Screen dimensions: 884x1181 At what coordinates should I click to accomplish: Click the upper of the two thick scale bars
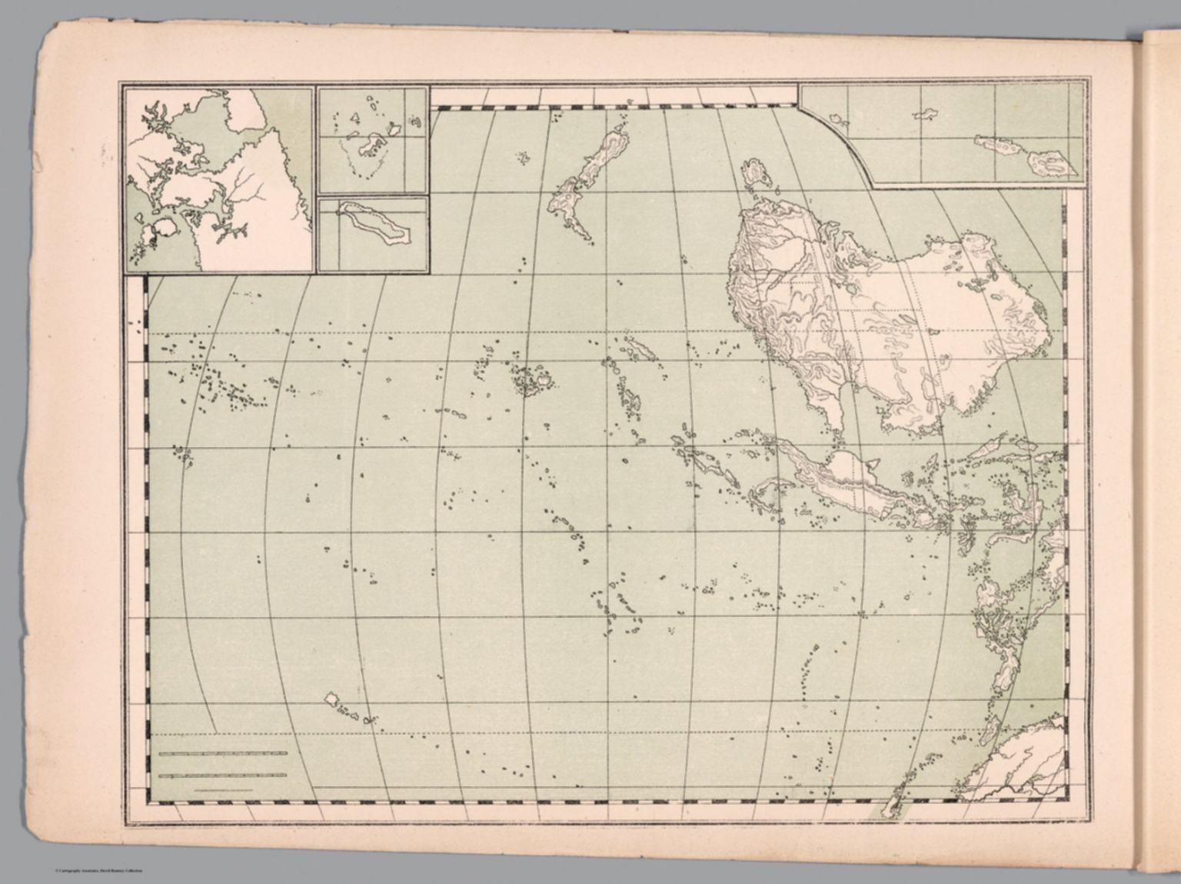coord(222,753)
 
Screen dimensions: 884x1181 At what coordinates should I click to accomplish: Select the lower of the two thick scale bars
coord(222,776)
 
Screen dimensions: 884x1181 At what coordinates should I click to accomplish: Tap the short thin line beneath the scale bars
coord(223,789)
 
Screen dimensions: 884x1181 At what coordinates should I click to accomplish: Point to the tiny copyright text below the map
coord(98,870)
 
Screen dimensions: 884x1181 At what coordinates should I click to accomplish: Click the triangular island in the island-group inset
coord(355,118)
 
